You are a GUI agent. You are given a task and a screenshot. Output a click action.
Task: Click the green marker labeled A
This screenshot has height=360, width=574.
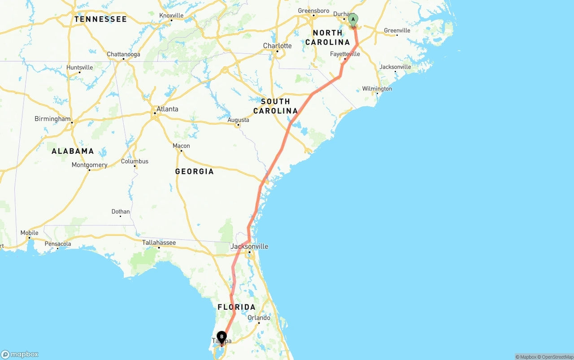click(x=353, y=20)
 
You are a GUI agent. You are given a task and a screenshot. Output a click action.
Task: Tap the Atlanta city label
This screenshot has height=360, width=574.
click(x=167, y=109)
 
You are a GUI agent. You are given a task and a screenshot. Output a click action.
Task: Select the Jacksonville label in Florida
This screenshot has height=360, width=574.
click(x=249, y=246)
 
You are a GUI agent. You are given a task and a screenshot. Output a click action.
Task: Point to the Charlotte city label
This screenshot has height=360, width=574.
click(x=277, y=46)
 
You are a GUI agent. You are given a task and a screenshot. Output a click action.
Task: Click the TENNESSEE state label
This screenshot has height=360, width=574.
click(x=100, y=19)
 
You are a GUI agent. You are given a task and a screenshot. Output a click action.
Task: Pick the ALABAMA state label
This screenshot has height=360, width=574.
click(x=73, y=151)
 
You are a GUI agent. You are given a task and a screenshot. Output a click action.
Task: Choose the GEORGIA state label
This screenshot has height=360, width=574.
click(x=194, y=171)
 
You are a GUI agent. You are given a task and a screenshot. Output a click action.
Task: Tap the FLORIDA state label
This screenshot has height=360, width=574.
click(x=236, y=307)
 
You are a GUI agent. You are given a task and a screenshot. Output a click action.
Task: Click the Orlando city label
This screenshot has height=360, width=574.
click(x=259, y=318)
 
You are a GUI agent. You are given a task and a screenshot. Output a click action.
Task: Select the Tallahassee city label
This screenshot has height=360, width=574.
click(x=159, y=243)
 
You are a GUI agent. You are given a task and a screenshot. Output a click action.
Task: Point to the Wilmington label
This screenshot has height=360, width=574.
click(x=377, y=89)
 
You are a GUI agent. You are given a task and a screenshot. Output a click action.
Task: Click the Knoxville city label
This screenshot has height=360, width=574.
click(x=171, y=16)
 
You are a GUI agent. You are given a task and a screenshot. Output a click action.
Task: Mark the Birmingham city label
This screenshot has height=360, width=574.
click(x=52, y=119)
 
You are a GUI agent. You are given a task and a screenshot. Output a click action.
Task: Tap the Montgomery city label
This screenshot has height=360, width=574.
click(x=89, y=165)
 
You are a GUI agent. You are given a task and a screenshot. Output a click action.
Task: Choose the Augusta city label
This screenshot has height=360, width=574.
click(x=238, y=120)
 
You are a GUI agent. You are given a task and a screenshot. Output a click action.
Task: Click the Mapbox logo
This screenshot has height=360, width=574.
click(x=20, y=354)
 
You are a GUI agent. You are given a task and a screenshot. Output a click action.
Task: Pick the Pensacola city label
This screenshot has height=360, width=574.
click(x=58, y=244)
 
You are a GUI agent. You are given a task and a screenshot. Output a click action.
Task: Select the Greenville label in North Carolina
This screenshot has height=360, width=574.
click(x=397, y=30)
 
